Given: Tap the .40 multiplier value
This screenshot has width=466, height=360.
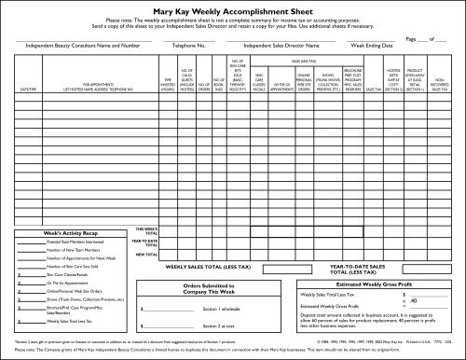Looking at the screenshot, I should click(413, 299).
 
